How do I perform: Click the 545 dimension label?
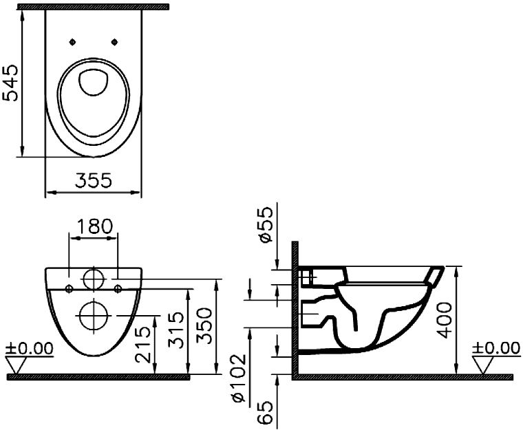[x=10, y=83]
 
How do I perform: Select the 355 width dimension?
[x=94, y=181]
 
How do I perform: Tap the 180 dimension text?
[x=93, y=226]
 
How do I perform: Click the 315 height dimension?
[x=175, y=330]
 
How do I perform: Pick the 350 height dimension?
[x=204, y=326]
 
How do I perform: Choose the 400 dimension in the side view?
[x=445, y=320]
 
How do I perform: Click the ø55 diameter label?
[x=266, y=224]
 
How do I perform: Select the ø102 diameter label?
[x=239, y=378]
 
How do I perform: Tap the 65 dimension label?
[x=266, y=413]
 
